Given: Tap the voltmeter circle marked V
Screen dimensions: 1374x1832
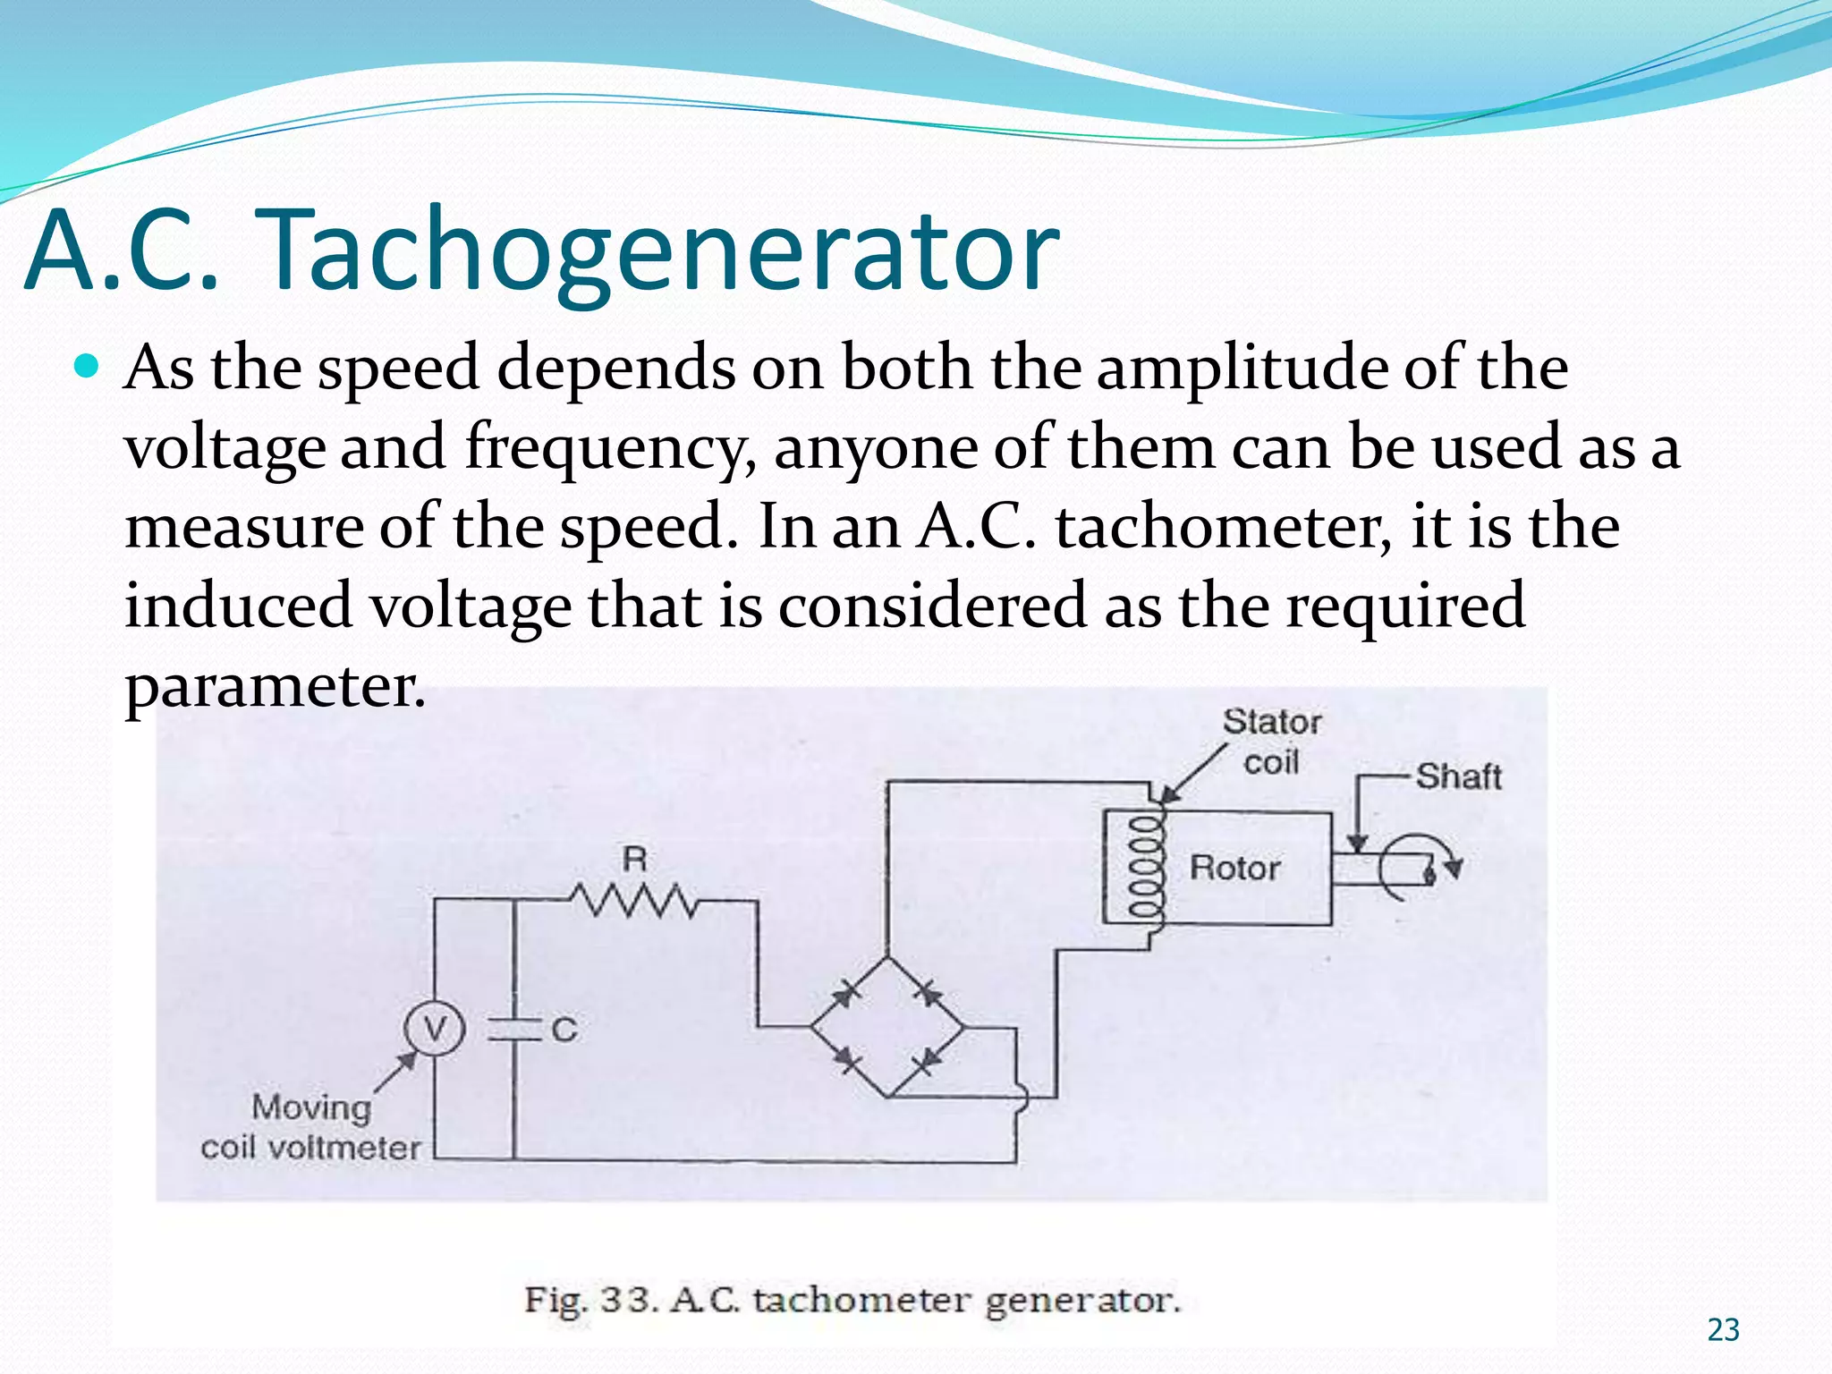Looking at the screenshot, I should (434, 1029).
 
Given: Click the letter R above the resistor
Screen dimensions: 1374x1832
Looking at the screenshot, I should (634, 859).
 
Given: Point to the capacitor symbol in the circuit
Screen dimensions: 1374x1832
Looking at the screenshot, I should (514, 1030).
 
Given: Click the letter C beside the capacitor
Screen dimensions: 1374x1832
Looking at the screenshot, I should (564, 1030).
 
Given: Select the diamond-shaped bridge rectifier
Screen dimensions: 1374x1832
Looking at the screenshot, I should (887, 1027).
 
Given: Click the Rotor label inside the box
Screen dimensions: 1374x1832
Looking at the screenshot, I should (1234, 868).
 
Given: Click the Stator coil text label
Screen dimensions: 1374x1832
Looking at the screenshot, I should (1271, 742).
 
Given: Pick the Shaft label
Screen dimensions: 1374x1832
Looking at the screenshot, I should (1458, 776).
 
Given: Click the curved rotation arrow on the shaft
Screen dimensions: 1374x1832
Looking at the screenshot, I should (1418, 866).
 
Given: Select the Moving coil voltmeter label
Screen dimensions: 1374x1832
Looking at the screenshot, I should (310, 1127).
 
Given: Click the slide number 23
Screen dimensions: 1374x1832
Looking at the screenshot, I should (1723, 1330).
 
